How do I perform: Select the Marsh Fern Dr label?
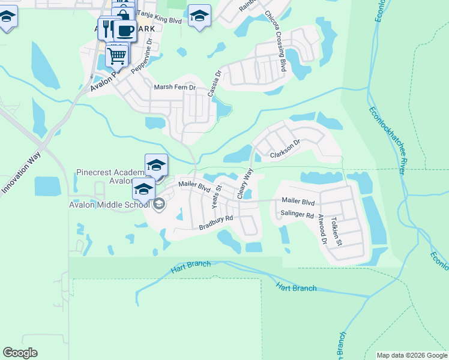(175, 88)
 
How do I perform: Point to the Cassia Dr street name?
(214, 83)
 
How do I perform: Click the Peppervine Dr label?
(142, 58)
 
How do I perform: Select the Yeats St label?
(217, 196)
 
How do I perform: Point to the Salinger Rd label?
(297, 214)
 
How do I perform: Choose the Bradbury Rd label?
(215, 227)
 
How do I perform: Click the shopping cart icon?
(116, 56)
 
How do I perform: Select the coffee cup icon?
(125, 31)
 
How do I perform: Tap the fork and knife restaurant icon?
(108, 27)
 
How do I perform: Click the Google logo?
(20, 353)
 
